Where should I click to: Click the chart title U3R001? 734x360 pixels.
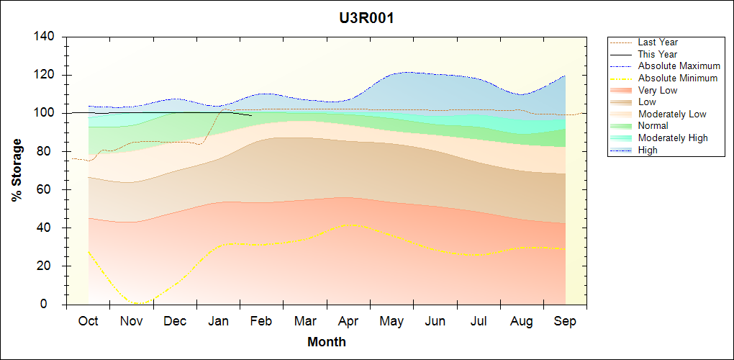click(366, 18)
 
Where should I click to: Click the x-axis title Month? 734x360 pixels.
click(327, 341)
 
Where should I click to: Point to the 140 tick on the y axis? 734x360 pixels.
click(47, 37)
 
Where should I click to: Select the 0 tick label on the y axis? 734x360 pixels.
click(54, 304)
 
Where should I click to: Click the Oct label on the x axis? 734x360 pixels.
click(88, 321)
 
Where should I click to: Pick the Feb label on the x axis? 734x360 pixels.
click(261, 321)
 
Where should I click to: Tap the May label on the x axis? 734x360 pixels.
click(391, 321)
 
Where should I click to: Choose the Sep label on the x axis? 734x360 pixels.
click(565, 321)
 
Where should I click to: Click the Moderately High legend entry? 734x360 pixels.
click(673, 138)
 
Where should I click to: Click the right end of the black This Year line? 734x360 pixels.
click(251, 115)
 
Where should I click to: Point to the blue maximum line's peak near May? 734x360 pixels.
click(407, 72)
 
